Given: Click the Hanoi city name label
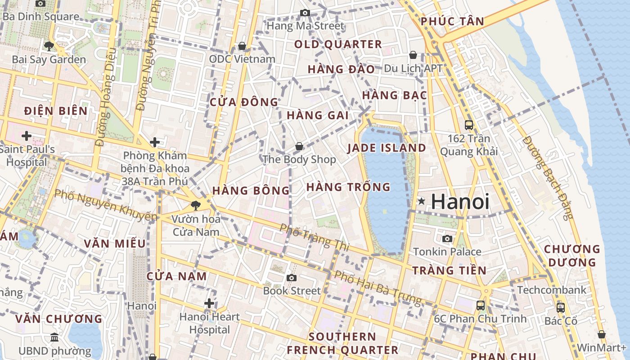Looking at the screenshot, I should pyautogui.click(x=460, y=201).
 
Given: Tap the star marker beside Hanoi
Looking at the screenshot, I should pyautogui.click(x=421, y=201).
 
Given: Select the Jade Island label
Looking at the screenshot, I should pyautogui.click(x=387, y=148).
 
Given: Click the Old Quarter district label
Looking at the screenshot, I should pyautogui.click(x=338, y=44).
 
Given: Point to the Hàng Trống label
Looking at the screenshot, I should pyautogui.click(x=348, y=187).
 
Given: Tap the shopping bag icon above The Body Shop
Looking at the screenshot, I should pyautogui.click(x=299, y=146).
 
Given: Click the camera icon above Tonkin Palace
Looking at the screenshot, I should pyautogui.click(x=447, y=238).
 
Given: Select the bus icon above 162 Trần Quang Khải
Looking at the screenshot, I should pyautogui.click(x=469, y=125).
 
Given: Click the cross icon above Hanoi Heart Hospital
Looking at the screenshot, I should pyautogui.click(x=209, y=303).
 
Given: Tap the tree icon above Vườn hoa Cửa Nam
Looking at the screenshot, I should pyautogui.click(x=196, y=206).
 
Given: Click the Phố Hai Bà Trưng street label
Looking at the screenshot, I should pyautogui.click(x=378, y=288).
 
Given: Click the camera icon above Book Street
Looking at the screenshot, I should pyautogui.click(x=292, y=278).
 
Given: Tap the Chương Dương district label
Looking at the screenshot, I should pyautogui.click(x=572, y=256).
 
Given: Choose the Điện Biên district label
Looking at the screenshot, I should pyautogui.click(x=56, y=111).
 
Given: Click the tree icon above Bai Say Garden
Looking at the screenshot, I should pyautogui.click(x=49, y=45).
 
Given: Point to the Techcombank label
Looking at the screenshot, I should pyautogui.click(x=552, y=290).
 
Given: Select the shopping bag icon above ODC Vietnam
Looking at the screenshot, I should pyautogui.click(x=242, y=46).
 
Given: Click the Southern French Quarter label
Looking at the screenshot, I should pyautogui.click(x=342, y=343).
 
